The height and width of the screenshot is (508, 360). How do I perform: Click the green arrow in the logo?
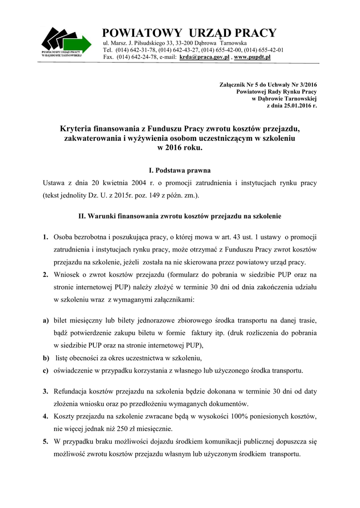point(81,44)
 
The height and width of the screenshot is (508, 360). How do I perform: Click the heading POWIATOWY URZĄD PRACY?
point(189,33)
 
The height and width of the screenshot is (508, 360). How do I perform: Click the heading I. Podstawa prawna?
point(179,170)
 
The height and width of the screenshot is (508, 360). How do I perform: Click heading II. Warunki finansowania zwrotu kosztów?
point(179,217)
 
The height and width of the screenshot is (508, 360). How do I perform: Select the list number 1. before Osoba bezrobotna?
point(45,237)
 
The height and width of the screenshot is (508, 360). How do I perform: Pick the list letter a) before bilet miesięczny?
point(45,320)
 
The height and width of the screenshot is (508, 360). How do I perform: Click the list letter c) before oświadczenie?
point(45,370)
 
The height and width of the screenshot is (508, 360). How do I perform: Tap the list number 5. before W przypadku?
point(45,441)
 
